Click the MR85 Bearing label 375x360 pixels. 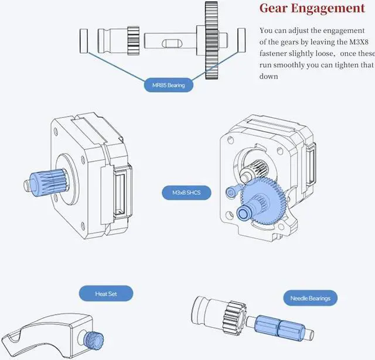[x=168, y=85]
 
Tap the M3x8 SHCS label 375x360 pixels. [x=186, y=193]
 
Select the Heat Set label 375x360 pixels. [x=106, y=294]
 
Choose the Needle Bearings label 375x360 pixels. [x=310, y=298]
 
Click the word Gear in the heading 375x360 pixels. [x=273, y=8]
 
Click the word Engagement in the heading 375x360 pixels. [x=328, y=9]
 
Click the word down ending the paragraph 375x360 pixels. [x=268, y=77]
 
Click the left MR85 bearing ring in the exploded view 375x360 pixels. [x=84, y=41]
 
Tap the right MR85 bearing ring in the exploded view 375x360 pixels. [x=241, y=40]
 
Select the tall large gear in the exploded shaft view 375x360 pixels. [x=212, y=40]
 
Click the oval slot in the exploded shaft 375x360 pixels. [x=172, y=43]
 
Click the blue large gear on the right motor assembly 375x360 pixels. [x=262, y=201]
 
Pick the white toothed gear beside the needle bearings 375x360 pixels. [x=234, y=317]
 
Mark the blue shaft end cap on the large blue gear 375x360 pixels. [x=244, y=213]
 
